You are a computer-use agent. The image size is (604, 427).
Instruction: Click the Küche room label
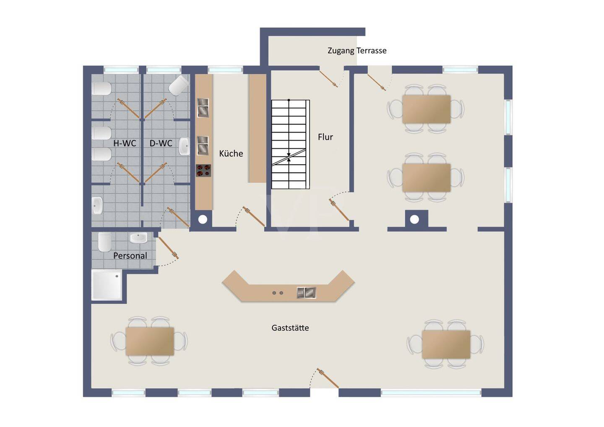tap(231, 154)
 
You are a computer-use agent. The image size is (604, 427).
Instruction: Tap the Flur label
tap(325, 137)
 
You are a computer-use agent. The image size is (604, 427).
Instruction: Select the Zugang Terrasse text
tap(357, 51)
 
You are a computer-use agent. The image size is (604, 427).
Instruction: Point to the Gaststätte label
tap(290, 328)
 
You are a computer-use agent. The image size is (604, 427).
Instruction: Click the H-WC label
tap(125, 143)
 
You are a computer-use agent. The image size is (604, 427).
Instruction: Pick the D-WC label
tap(161, 143)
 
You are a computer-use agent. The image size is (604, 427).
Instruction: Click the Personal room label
tap(130, 255)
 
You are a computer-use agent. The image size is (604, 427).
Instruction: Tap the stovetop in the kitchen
tap(203, 170)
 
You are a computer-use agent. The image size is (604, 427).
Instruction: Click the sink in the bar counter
tap(306, 293)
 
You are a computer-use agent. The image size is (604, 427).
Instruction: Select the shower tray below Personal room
tap(107, 285)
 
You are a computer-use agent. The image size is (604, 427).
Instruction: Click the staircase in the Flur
tap(290, 144)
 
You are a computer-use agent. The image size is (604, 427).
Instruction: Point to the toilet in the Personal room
tap(104, 242)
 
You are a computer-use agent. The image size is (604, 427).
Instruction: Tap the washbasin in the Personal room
tap(138, 238)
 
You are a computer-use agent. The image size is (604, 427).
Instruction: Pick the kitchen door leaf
tap(254, 216)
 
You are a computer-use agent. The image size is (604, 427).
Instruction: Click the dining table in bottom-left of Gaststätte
tap(150, 341)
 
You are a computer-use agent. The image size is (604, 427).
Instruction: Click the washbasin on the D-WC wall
tap(185, 146)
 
